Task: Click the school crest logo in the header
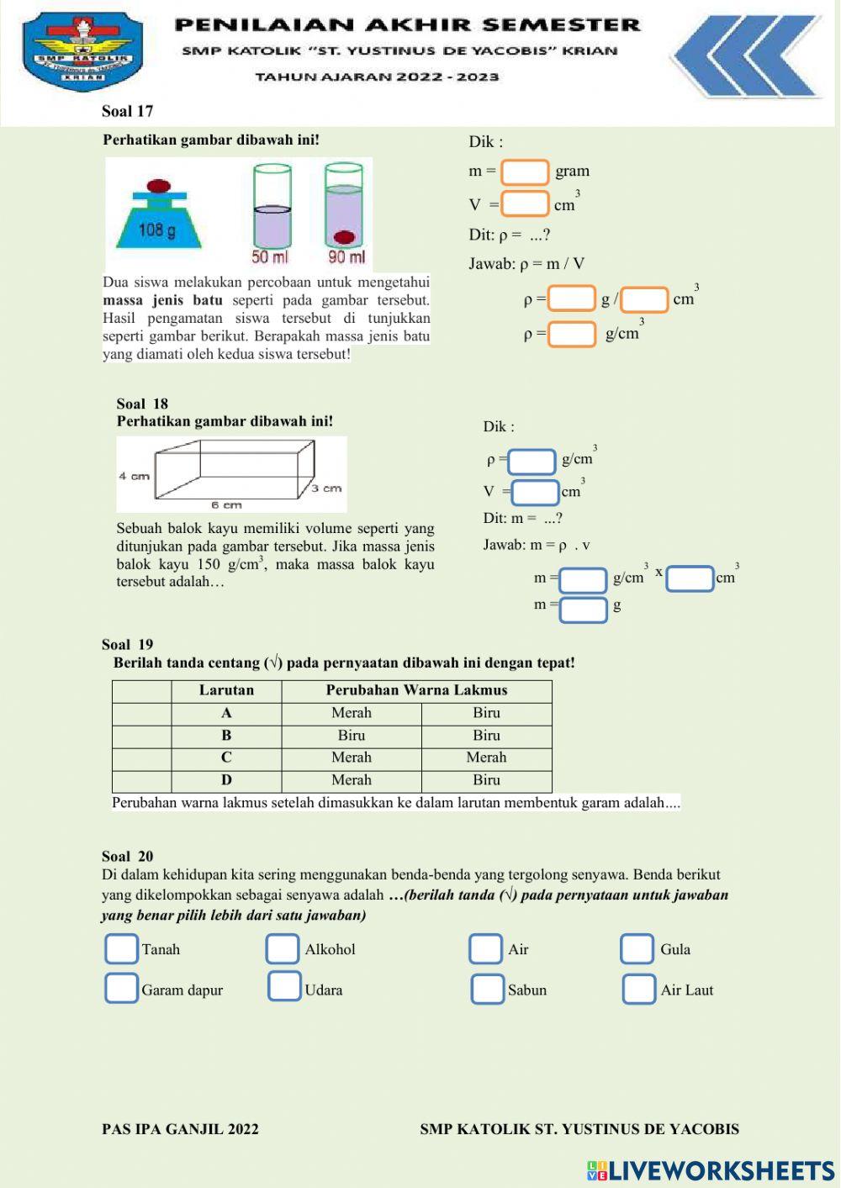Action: pos(82,51)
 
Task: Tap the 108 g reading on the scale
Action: pos(157,230)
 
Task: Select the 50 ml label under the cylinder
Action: pos(269,257)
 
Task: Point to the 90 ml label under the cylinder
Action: pos(346,257)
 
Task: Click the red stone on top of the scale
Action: pos(159,186)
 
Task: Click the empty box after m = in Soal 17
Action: pos(525,172)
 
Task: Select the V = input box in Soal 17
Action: pos(526,203)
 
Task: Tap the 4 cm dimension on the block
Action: pos(134,476)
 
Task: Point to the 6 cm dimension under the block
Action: pos(226,505)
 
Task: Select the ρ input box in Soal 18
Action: pos(532,462)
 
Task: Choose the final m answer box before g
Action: pos(584,609)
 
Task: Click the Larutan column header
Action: pos(226,690)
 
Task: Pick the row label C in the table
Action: pos(226,758)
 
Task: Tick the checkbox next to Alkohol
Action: pos(283,949)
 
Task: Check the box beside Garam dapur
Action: pos(121,989)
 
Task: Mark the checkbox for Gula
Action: pos(637,949)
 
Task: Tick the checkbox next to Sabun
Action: pos(487,990)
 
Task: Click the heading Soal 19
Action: pos(128,645)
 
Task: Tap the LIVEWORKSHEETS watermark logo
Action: pos(711,1170)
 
